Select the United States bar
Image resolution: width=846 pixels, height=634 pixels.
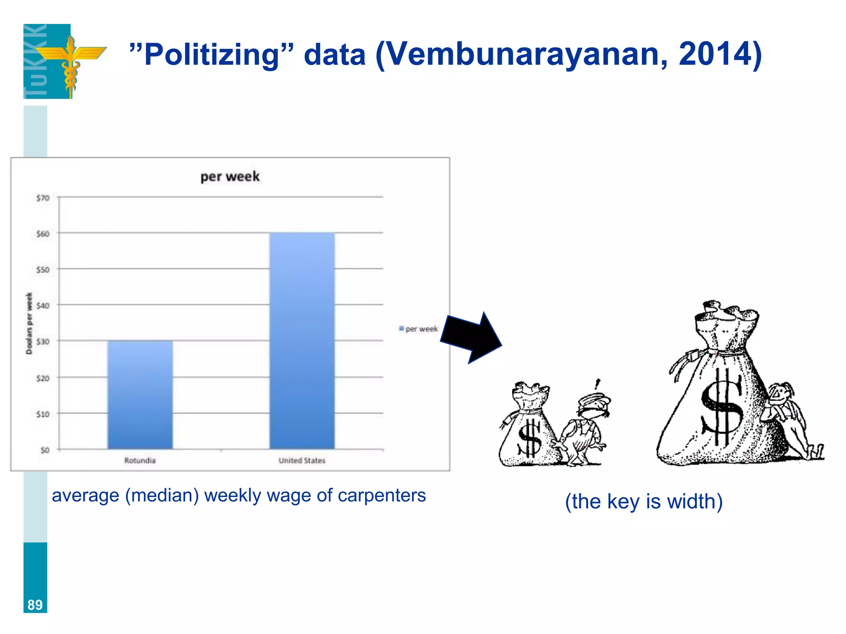click(x=302, y=341)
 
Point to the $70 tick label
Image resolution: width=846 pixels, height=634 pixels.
click(x=43, y=198)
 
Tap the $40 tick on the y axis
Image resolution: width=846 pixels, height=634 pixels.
click(x=43, y=306)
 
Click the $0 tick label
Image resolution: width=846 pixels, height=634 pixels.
click(x=45, y=450)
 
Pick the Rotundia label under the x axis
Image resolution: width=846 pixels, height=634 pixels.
click(x=140, y=460)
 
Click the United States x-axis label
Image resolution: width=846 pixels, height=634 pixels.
click(x=302, y=460)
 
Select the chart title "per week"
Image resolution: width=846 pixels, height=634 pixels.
click(x=230, y=177)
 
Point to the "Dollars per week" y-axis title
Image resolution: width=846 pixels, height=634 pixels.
click(x=29, y=323)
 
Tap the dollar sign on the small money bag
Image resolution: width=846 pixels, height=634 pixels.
click(x=529, y=439)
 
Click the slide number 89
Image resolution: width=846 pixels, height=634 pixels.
click(x=35, y=605)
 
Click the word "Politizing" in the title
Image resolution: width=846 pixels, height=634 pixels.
click(x=212, y=54)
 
